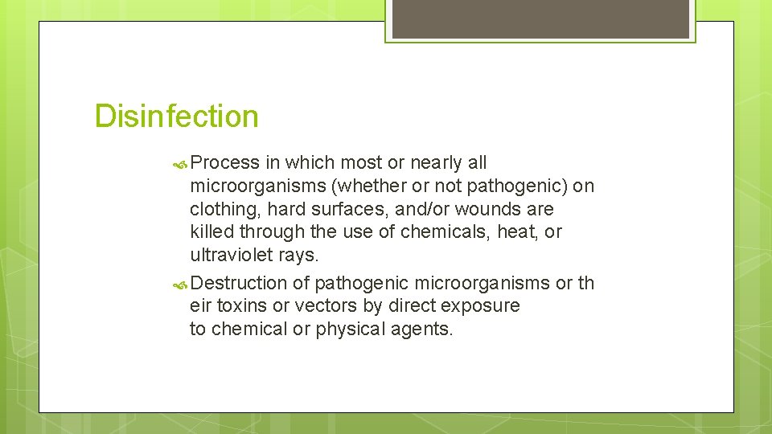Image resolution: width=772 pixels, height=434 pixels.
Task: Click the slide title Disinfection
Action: (x=176, y=117)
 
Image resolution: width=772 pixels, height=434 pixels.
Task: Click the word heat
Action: (x=509, y=232)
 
